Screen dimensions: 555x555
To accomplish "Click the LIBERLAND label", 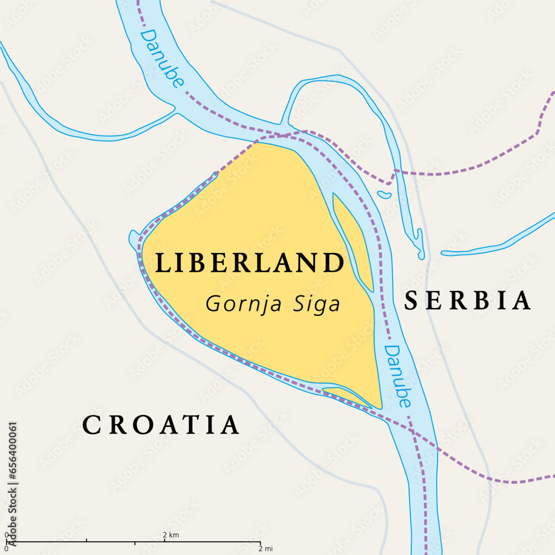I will (x=249, y=263).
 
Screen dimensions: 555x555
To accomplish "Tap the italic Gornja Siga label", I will (x=273, y=304).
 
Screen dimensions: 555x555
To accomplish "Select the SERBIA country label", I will (x=467, y=300).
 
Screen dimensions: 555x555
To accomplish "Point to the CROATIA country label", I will (x=160, y=425).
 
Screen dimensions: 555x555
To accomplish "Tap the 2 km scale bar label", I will (x=170, y=534).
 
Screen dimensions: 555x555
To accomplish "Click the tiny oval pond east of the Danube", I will (x=384, y=194).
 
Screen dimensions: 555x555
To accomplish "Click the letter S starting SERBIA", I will (x=411, y=300).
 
